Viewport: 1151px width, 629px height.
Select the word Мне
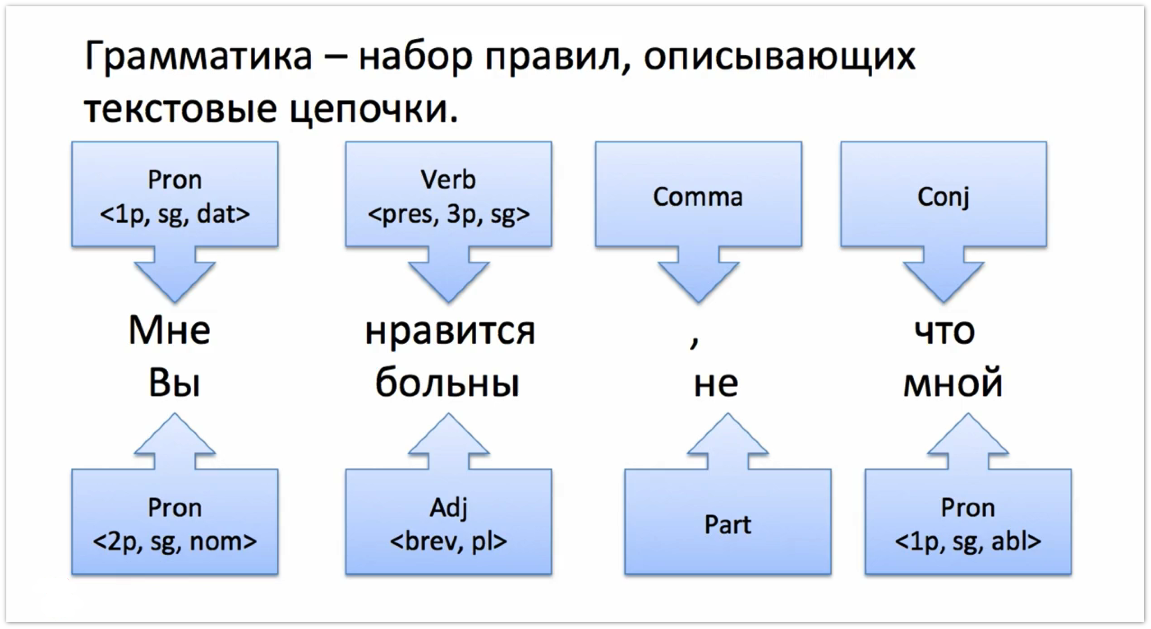pyautogui.click(x=169, y=330)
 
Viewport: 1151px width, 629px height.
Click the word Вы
pyautogui.click(x=174, y=384)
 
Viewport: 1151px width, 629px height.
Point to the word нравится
pyautogui.click(x=450, y=331)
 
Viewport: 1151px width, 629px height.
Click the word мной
pyautogui.click(x=953, y=384)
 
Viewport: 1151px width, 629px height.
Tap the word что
pyautogui.click(x=945, y=331)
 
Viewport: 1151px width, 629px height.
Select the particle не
pyautogui.click(x=716, y=384)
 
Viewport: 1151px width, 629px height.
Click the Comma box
pyautogui.click(x=698, y=194)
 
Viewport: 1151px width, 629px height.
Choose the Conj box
pyautogui.click(x=944, y=194)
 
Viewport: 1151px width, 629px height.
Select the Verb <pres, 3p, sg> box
pyautogui.click(x=448, y=194)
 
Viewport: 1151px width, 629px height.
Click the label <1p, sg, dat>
pyautogui.click(x=175, y=213)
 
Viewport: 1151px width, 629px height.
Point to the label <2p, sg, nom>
pyautogui.click(x=175, y=541)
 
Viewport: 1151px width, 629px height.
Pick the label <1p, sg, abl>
pyautogui.click(x=968, y=541)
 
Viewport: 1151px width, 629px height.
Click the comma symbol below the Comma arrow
pyautogui.click(x=695, y=343)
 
